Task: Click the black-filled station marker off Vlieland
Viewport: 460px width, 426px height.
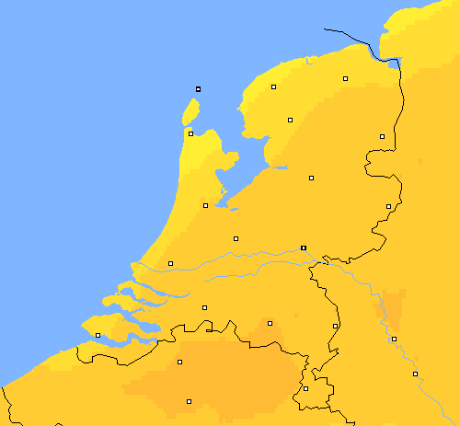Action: click(x=198, y=88)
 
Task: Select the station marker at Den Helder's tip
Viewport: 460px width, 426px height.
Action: click(x=190, y=133)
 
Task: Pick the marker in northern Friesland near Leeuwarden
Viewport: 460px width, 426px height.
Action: click(x=273, y=87)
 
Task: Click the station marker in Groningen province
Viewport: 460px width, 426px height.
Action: click(x=345, y=79)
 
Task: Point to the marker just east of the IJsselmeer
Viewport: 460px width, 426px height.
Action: click(x=290, y=120)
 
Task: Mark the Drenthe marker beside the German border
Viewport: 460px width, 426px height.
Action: click(x=382, y=136)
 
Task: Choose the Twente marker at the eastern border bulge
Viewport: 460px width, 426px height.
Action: click(x=388, y=206)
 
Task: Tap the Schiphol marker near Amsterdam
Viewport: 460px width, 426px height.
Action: click(x=205, y=205)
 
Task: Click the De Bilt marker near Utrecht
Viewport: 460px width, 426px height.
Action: click(x=236, y=238)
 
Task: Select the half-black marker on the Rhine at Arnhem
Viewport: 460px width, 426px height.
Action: click(x=304, y=248)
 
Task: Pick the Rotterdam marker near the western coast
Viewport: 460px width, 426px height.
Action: click(x=170, y=263)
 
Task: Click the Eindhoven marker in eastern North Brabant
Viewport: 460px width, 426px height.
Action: click(x=270, y=322)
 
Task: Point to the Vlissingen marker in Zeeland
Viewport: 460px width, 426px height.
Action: click(x=98, y=335)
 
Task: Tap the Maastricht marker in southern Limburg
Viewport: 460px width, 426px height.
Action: click(x=305, y=388)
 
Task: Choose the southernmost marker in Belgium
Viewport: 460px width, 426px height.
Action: click(x=189, y=401)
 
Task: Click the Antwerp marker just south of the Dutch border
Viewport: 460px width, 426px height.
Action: click(x=179, y=362)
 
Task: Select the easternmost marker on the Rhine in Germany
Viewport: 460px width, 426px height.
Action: click(x=415, y=374)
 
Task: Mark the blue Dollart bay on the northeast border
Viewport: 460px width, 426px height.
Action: click(x=396, y=63)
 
